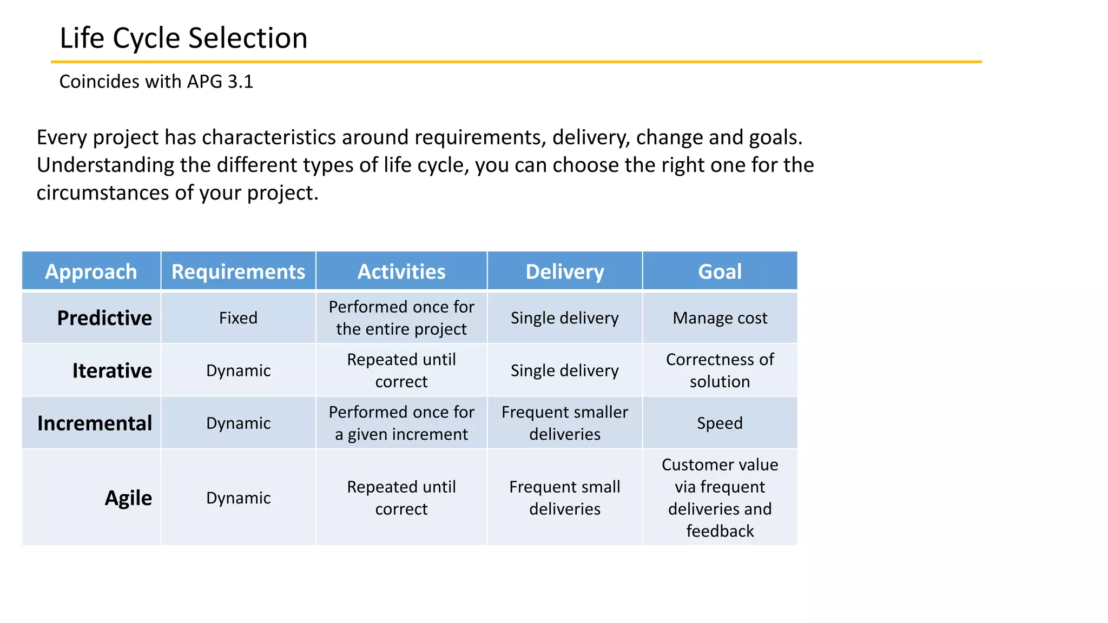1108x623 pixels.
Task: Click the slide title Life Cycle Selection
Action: (x=183, y=38)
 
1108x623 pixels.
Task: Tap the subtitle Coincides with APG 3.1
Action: (x=156, y=82)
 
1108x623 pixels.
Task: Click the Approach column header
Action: (x=91, y=271)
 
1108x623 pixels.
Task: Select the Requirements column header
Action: (x=238, y=271)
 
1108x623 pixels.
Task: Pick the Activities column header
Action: (x=401, y=271)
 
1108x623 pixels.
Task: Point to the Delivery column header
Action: (x=565, y=271)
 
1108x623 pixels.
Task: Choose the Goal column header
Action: (x=720, y=271)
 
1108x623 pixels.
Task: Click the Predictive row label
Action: (x=104, y=318)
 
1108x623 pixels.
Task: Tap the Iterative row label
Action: (x=112, y=370)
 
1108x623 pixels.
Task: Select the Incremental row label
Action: (x=95, y=423)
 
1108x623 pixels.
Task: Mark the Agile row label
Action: (x=128, y=498)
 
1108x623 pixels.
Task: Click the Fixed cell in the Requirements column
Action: (x=238, y=318)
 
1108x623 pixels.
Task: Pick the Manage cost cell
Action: (x=720, y=318)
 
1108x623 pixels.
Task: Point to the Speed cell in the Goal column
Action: (x=720, y=423)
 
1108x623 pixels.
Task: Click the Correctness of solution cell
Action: (x=720, y=370)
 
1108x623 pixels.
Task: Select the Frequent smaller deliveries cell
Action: (x=565, y=423)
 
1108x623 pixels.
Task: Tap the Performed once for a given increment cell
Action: (x=401, y=423)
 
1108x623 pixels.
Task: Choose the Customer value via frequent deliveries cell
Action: (x=720, y=498)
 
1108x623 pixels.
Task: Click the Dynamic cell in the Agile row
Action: (x=238, y=498)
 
